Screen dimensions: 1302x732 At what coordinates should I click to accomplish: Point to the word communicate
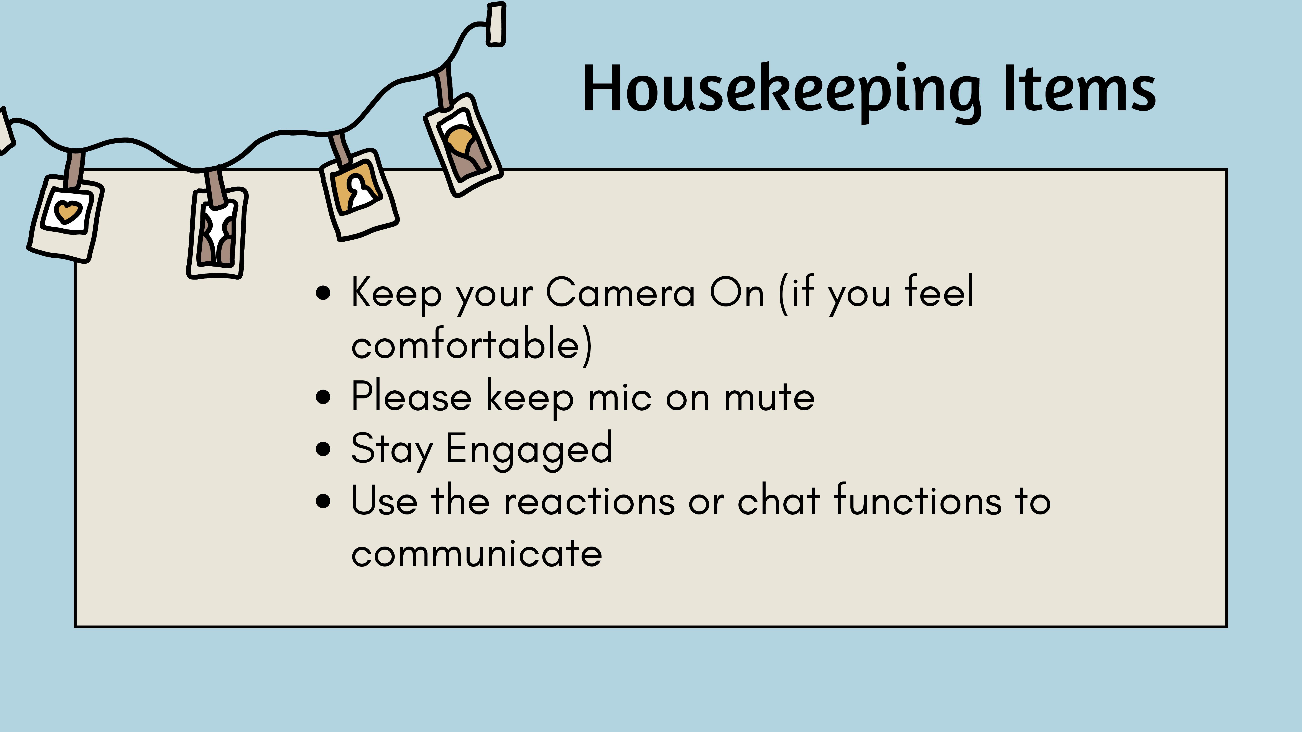477,553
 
